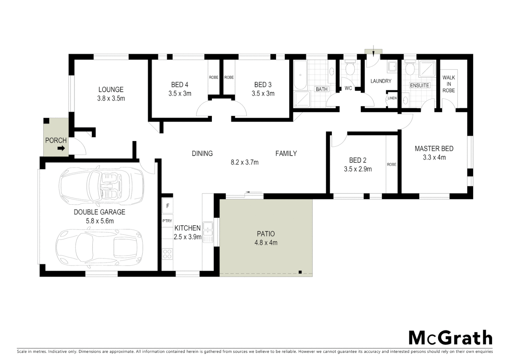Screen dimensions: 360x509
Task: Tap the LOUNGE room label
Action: point(111,90)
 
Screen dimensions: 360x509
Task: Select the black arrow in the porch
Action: point(61,148)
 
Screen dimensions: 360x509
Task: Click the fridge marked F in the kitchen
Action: point(168,206)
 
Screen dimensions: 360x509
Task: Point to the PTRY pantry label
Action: point(167,221)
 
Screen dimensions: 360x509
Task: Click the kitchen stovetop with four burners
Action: point(167,254)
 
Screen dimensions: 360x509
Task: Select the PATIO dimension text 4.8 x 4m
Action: point(266,243)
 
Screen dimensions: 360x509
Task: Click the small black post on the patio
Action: point(300,272)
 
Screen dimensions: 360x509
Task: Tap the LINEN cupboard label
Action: point(392,98)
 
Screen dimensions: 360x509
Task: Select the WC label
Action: point(348,88)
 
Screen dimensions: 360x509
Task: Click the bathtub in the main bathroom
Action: point(300,75)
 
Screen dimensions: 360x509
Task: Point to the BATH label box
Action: point(322,89)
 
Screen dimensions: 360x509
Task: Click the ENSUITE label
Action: point(419,85)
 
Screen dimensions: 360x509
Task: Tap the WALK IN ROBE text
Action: point(449,84)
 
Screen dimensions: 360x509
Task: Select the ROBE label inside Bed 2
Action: point(392,164)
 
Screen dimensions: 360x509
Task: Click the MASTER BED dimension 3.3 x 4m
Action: point(434,158)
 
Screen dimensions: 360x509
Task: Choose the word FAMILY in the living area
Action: point(286,154)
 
